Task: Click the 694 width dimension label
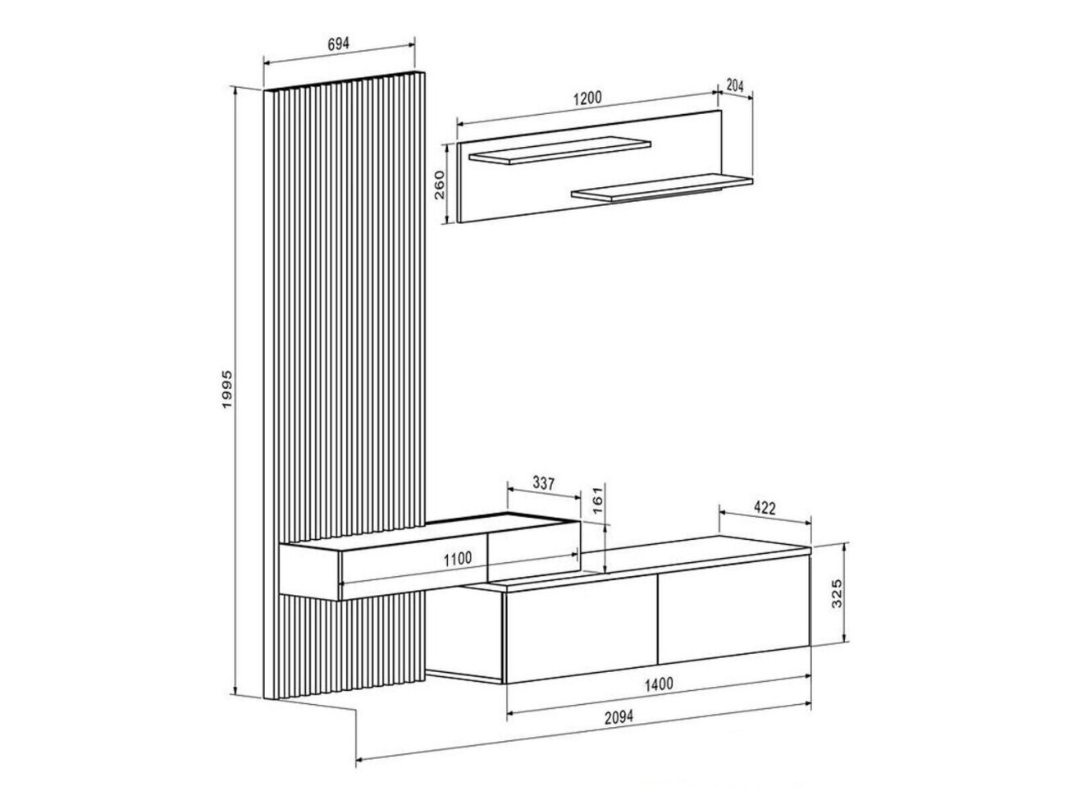click(x=338, y=44)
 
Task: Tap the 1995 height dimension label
click(x=228, y=390)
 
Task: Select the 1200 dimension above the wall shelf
click(x=587, y=98)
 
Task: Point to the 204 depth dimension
click(x=735, y=86)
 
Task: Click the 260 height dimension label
click(x=440, y=185)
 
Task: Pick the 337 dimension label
click(x=544, y=483)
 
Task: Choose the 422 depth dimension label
click(x=765, y=509)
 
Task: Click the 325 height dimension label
click(x=837, y=593)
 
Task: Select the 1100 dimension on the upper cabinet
click(x=458, y=559)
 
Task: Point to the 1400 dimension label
click(x=659, y=684)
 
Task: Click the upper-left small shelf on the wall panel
click(x=559, y=149)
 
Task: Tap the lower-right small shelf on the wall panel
click(x=662, y=188)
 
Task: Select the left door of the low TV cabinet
click(x=581, y=628)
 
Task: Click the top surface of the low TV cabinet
click(x=636, y=563)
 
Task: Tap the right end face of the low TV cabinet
click(x=810, y=601)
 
